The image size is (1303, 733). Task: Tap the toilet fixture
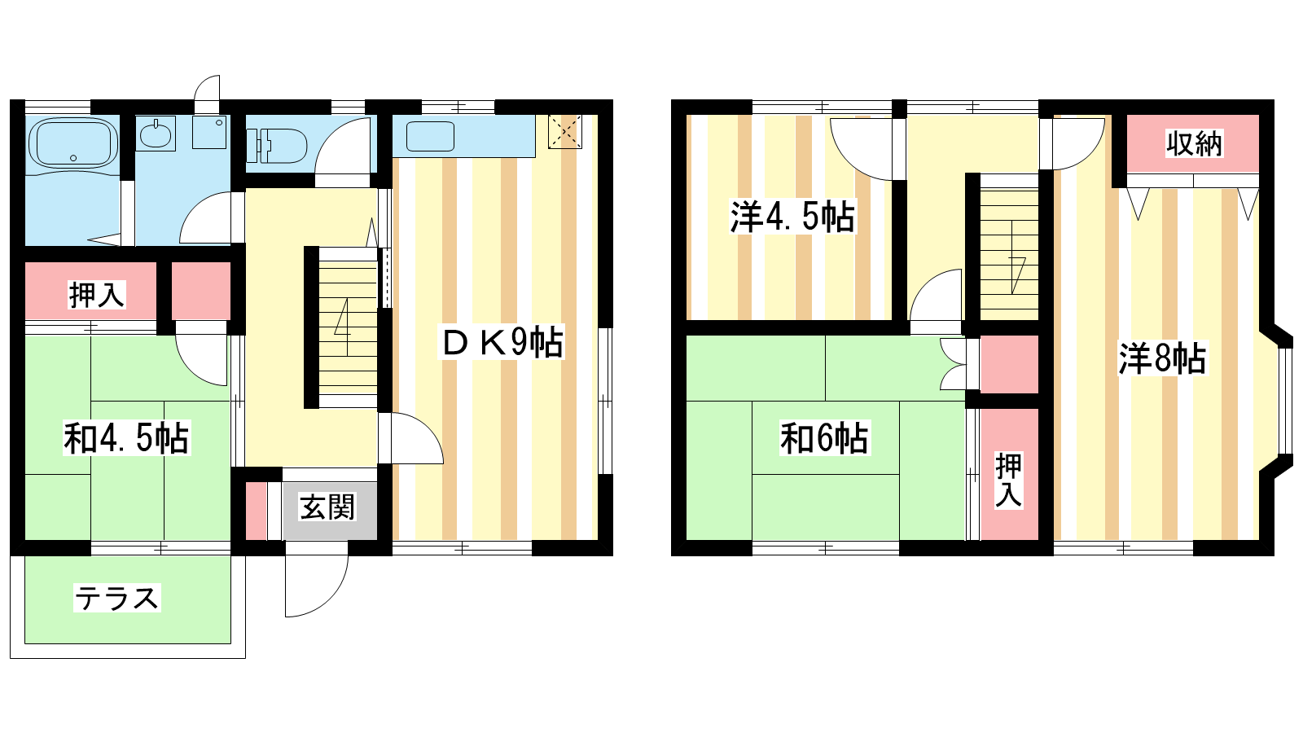tap(277, 146)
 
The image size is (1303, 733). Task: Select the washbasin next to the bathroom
tap(156, 134)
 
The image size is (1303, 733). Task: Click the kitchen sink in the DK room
tap(430, 137)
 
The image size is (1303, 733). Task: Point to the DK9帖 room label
tap(502, 343)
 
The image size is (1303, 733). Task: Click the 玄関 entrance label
tap(327, 507)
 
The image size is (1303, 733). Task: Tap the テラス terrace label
tap(117, 599)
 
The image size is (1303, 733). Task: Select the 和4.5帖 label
tap(126, 438)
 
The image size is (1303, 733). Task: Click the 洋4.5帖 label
tap(793, 217)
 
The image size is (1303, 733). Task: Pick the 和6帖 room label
tap(824, 439)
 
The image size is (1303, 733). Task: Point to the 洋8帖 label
tap(1162, 358)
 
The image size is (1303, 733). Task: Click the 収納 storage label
tap(1194, 143)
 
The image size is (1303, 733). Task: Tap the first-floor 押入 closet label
tap(97, 295)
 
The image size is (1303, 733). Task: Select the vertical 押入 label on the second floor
tap(1009, 480)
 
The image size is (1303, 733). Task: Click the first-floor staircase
tap(348, 327)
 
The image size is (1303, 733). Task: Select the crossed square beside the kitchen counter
tap(565, 132)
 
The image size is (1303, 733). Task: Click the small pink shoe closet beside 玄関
tap(256, 511)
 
